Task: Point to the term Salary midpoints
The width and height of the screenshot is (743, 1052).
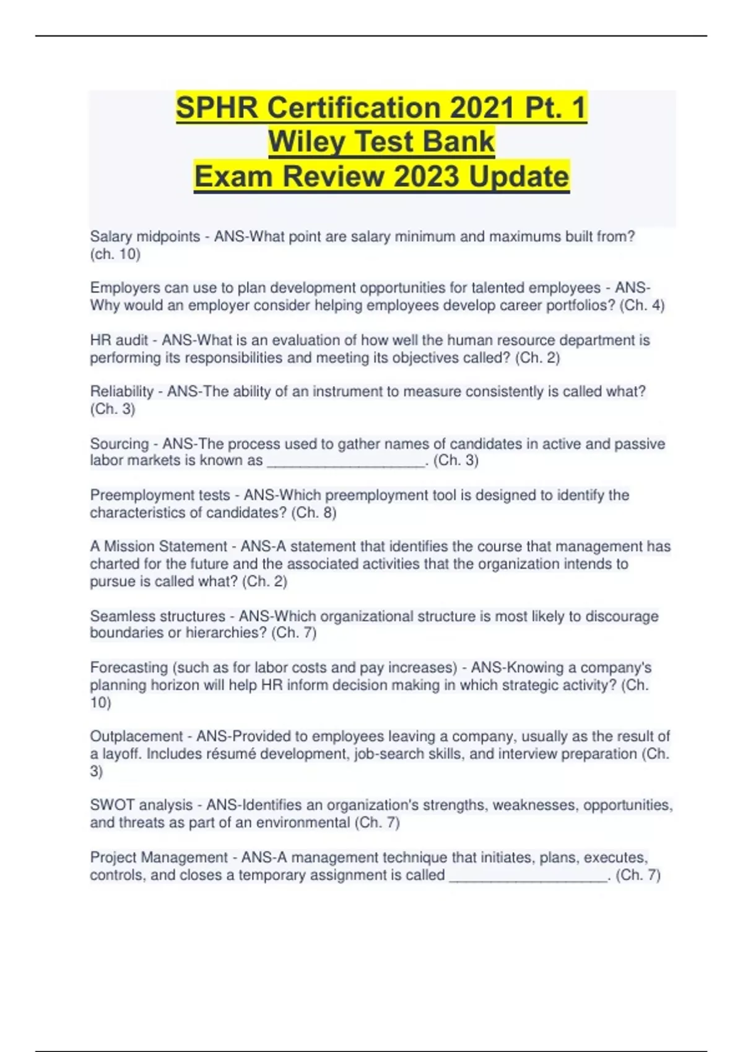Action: coord(145,236)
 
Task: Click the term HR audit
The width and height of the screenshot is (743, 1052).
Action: coord(119,340)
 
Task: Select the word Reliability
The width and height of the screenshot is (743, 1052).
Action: coord(121,392)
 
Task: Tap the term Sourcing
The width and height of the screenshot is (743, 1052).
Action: coord(119,444)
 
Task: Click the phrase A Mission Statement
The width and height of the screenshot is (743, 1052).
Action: coord(159,546)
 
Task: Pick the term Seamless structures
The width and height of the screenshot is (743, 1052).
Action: coord(157,616)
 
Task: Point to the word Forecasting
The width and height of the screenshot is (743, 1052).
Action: coord(129,668)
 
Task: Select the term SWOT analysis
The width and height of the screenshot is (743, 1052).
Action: coord(141,805)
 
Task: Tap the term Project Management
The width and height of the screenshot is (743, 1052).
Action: coord(159,858)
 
